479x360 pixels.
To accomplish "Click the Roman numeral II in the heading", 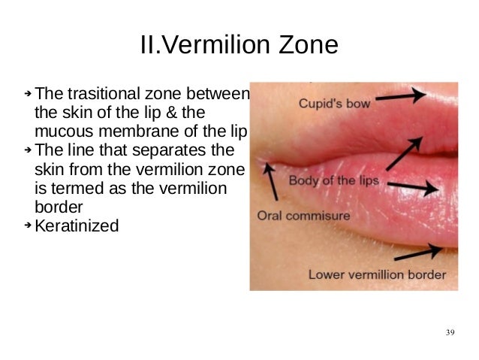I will click(x=149, y=46).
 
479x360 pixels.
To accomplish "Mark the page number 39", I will click(x=450, y=332).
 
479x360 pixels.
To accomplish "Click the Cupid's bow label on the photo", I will click(x=334, y=104).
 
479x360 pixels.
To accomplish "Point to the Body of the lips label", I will click(x=334, y=181).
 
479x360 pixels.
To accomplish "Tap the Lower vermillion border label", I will click(x=377, y=274).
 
